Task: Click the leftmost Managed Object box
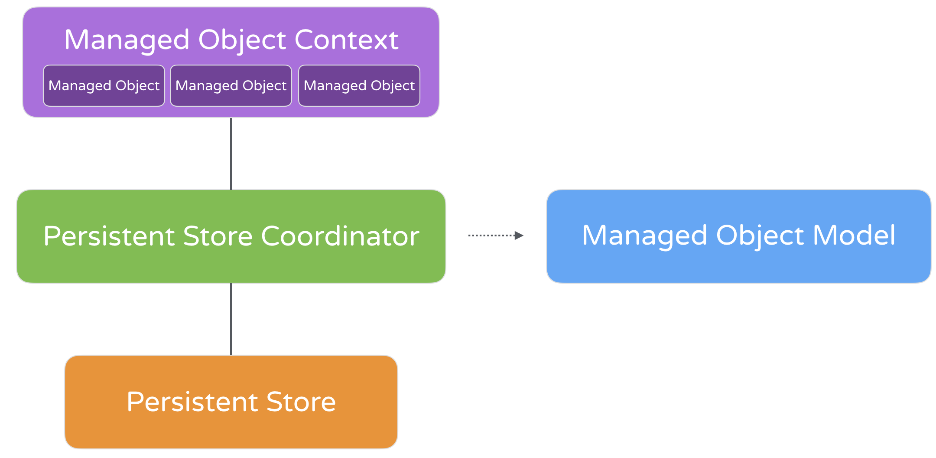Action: (104, 85)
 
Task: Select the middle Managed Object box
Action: (231, 85)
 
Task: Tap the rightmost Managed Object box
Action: (359, 85)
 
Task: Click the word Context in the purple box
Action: (346, 40)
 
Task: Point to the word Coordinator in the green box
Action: (340, 236)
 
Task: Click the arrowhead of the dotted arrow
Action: (519, 236)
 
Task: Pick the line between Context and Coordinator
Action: (231, 154)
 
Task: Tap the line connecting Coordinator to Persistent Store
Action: (231, 319)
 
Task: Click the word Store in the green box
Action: (218, 236)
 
